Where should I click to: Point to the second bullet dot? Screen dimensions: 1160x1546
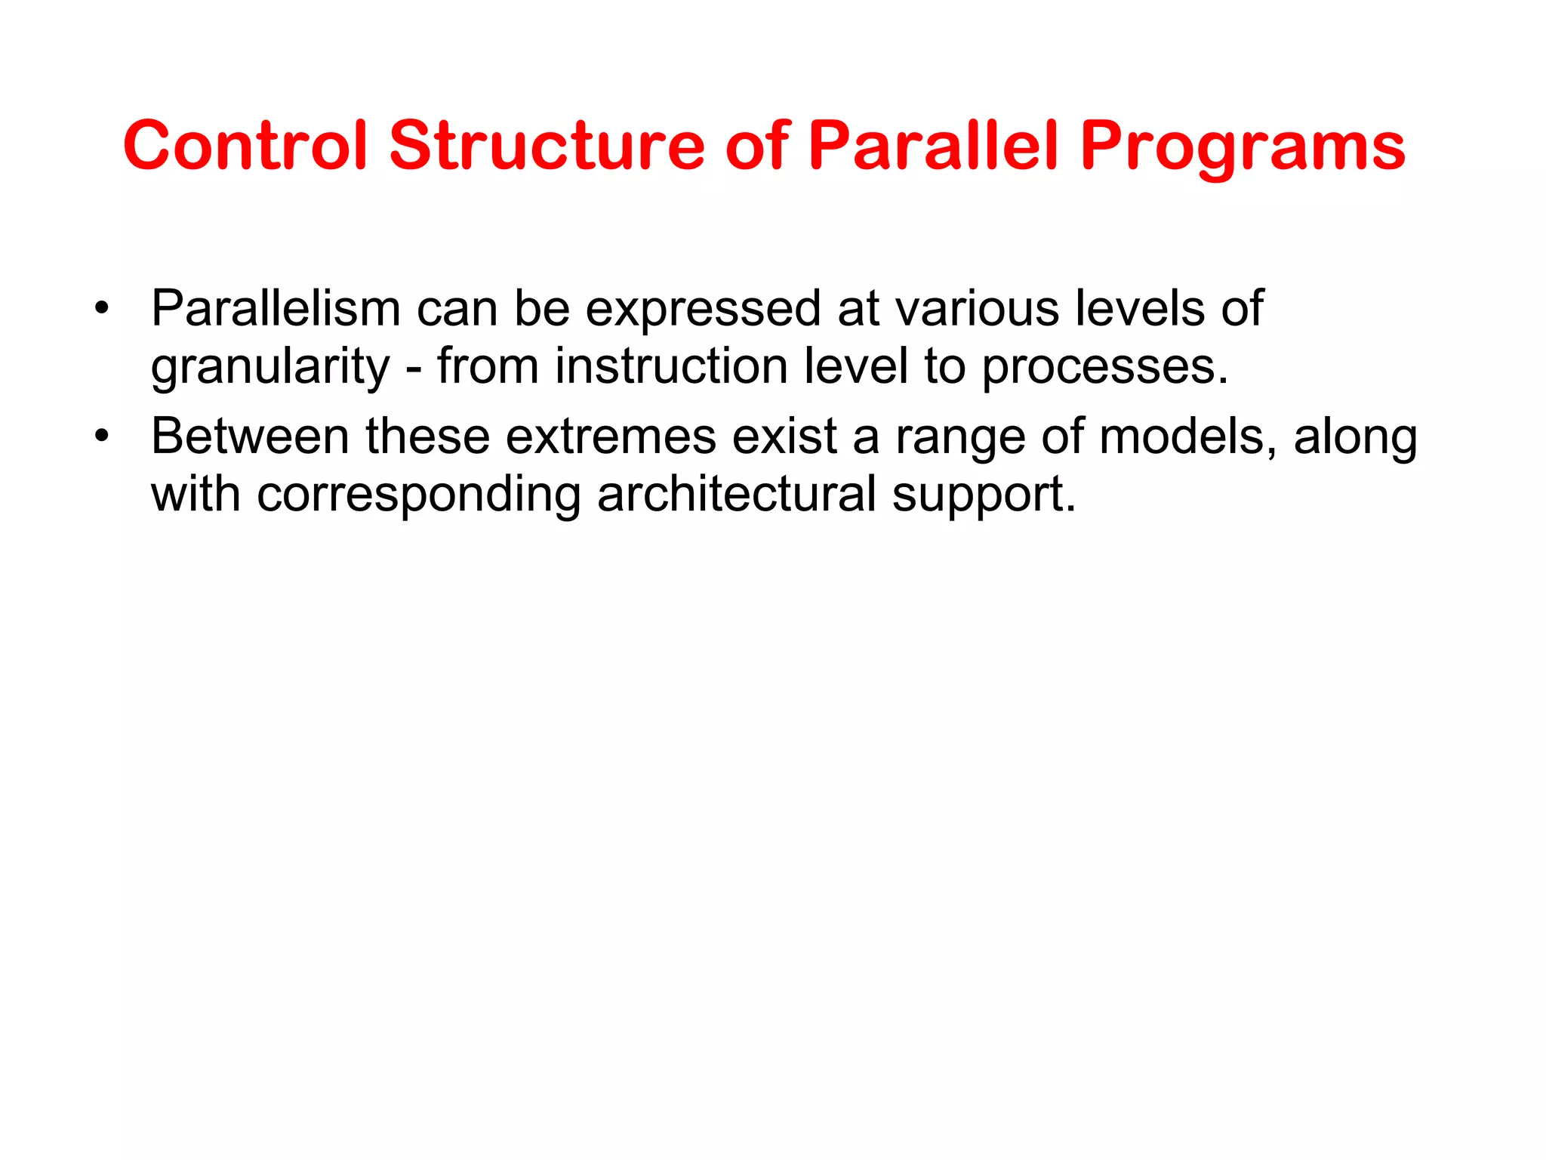102,437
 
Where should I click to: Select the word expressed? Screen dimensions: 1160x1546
702,310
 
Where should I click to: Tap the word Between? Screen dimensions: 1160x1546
250,437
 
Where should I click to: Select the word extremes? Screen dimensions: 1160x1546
610,437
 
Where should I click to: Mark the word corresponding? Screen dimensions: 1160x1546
418,495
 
